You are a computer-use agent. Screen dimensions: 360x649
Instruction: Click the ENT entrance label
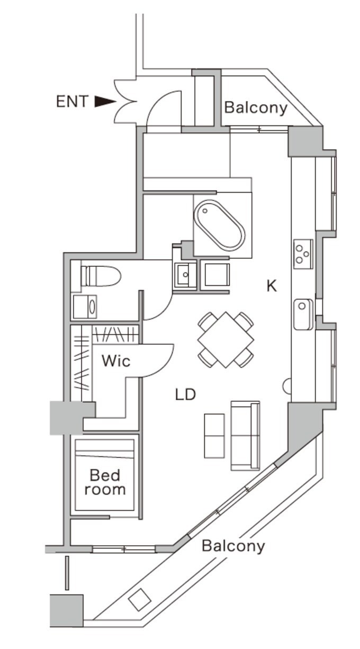pyautogui.click(x=72, y=102)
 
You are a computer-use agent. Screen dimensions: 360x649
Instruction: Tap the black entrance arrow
pyautogui.click(x=105, y=102)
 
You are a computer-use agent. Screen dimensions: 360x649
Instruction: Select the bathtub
pyautogui.click(x=219, y=226)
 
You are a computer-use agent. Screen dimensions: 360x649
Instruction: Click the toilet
pyautogui.click(x=101, y=276)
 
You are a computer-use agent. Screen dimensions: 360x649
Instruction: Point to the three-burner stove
pyautogui.click(x=303, y=254)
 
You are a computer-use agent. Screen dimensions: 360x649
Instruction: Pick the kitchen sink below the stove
pyautogui.click(x=303, y=314)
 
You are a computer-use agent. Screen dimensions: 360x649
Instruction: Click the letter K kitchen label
pyautogui.click(x=272, y=286)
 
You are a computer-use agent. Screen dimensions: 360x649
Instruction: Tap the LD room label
pyautogui.click(x=185, y=394)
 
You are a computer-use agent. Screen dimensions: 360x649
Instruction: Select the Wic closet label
pyautogui.click(x=116, y=361)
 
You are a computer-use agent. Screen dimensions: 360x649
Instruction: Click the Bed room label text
pyautogui.click(x=105, y=482)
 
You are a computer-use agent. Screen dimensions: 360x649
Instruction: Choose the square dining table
pyautogui.click(x=226, y=339)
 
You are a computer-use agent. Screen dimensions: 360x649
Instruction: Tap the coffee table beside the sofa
pyautogui.click(x=214, y=436)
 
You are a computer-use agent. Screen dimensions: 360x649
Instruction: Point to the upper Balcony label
pyautogui.click(x=256, y=107)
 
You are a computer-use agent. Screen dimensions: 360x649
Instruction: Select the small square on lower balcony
pyautogui.click(x=140, y=599)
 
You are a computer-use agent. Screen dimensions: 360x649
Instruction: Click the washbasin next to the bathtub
pyautogui.click(x=185, y=274)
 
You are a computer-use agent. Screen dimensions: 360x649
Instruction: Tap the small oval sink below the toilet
pyautogui.click(x=92, y=307)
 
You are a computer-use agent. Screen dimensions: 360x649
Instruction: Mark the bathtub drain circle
pyautogui.click(x=205, y=211)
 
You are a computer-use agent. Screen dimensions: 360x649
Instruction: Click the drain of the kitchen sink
pyautogui.click(x=302, y=306)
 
